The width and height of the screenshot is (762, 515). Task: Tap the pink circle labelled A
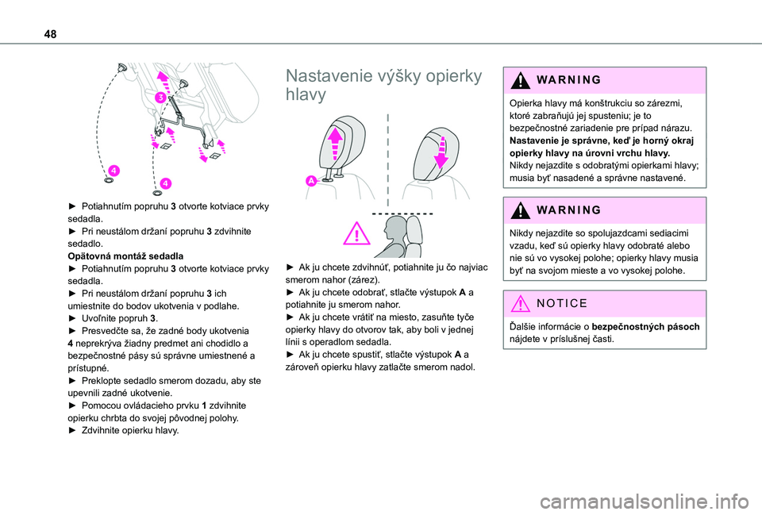310,182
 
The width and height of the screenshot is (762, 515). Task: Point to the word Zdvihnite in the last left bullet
103,429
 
